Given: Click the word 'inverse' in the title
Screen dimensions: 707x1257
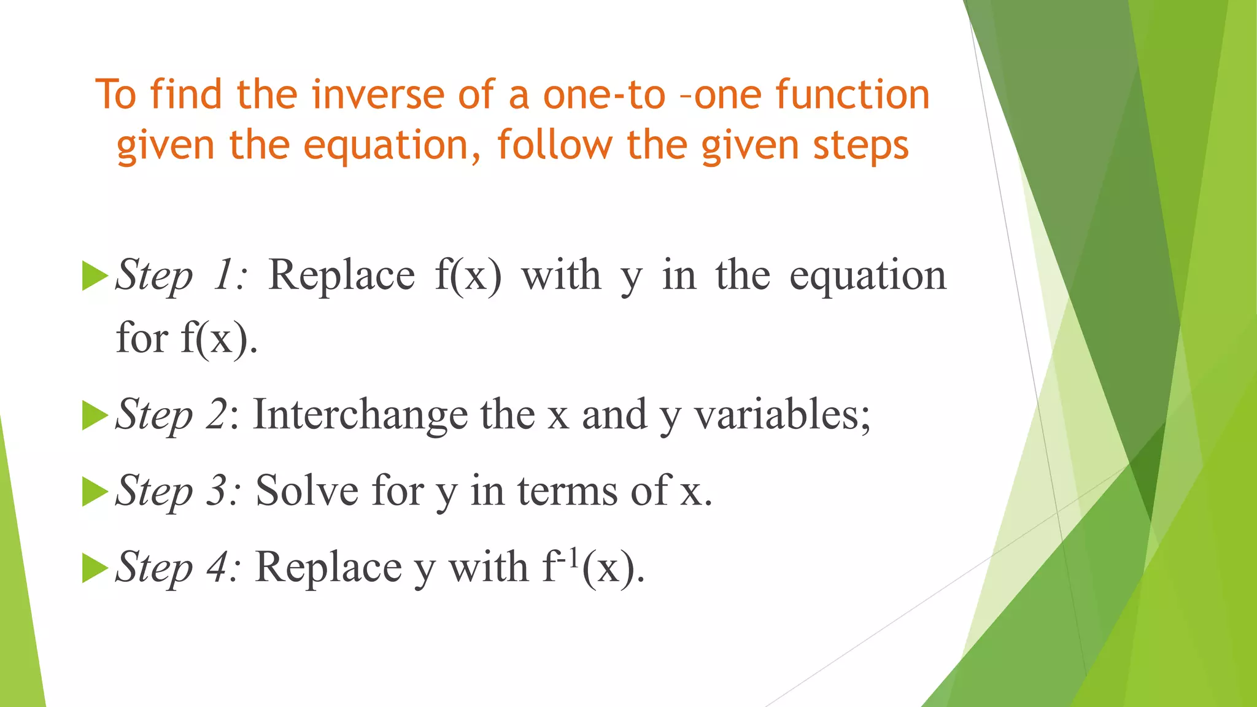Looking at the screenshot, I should click(377, 95).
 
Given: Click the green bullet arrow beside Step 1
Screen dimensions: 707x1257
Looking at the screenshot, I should click(94, 276).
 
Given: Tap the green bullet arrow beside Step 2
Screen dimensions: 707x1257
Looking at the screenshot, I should click(94, 415).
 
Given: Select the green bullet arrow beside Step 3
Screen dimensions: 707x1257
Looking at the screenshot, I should click(94, 491).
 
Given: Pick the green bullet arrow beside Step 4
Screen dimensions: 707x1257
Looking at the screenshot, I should click(94, 567).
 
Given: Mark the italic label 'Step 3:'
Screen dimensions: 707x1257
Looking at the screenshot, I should click(178, 491).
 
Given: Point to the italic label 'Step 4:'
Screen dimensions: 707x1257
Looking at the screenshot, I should click(178, 567).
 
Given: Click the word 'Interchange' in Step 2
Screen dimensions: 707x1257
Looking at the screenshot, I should click(360, 415).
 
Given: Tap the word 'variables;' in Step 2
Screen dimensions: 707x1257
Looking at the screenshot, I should click(782, 415).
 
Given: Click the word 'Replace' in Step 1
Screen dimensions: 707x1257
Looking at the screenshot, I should click(342, 276).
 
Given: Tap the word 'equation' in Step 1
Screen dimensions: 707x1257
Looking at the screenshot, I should click(868, 276).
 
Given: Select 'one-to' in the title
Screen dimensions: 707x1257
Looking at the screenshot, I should click(604, 95).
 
